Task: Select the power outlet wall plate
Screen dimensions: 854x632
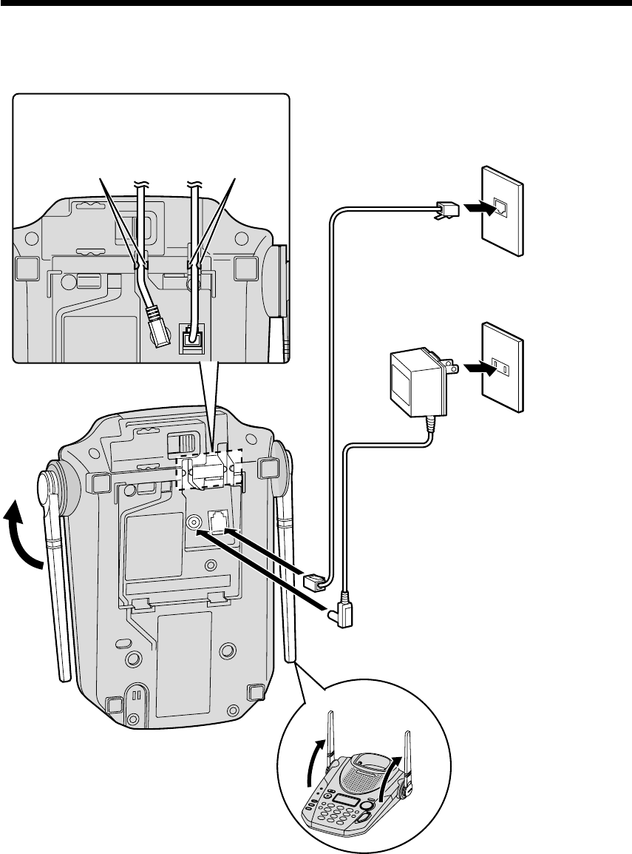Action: tap(503, 366)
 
